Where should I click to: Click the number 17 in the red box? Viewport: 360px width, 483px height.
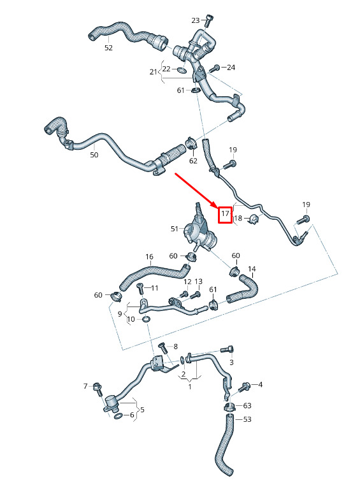(x=225, y=213)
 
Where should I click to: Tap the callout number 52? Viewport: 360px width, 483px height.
(x=108, y=48)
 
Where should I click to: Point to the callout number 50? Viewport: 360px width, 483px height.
(x=94, y=155)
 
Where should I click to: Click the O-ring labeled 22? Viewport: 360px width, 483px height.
(x=182, y=70)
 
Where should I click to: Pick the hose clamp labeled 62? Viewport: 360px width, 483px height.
(x=191, y=143)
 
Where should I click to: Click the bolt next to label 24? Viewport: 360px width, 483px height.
(x=213, y=68)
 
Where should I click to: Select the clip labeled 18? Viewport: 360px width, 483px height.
(x=254, y=219)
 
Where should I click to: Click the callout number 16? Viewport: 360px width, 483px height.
(x=149, y=257)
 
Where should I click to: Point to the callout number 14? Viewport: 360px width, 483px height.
(x=252, y=269)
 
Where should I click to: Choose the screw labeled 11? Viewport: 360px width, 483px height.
(x=140, y=289)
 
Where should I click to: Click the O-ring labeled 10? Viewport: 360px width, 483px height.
(x=146, y=319)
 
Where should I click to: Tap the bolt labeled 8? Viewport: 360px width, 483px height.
(x=163, y=348)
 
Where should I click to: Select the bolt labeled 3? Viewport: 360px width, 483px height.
(x=227, y=350)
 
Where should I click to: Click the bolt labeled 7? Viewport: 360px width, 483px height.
(x=98, y=389)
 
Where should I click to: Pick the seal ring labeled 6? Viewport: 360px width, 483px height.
(x=118, y=417)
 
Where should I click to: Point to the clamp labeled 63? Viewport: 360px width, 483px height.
(x=229, y=407)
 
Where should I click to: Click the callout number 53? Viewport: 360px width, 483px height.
(x=247, y=419)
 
